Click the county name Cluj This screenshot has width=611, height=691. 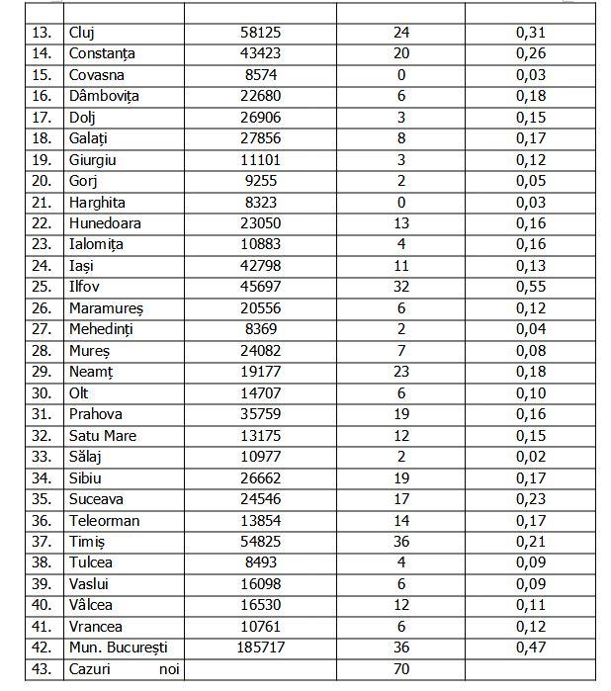pyautogui.click(x=81, y=33)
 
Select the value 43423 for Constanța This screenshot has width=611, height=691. pyautogui.click(x=261, y=53)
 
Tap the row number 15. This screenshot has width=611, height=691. pyautogui.click(x=42, y=75)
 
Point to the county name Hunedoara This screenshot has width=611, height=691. pyautogui.click(x=106, y=223)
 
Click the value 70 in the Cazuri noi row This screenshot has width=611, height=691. pyautogui.click(x=400, y=668)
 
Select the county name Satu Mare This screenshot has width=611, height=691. pyautogui.click(x=103, y=436)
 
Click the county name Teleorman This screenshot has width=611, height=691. pyautogui.click(x=105, y=520)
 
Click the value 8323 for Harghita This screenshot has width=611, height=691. pyautogui.click(x=261, y=202)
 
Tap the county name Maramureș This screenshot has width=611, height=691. pyautogui.click(x=108, y=308)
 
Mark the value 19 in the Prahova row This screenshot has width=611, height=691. pyautogui.click(x=400, y=414)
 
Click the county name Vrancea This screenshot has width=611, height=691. pyautogui.click(x=96, y=626)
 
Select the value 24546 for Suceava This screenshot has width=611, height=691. pyautogui.click(x=261, y=499)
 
